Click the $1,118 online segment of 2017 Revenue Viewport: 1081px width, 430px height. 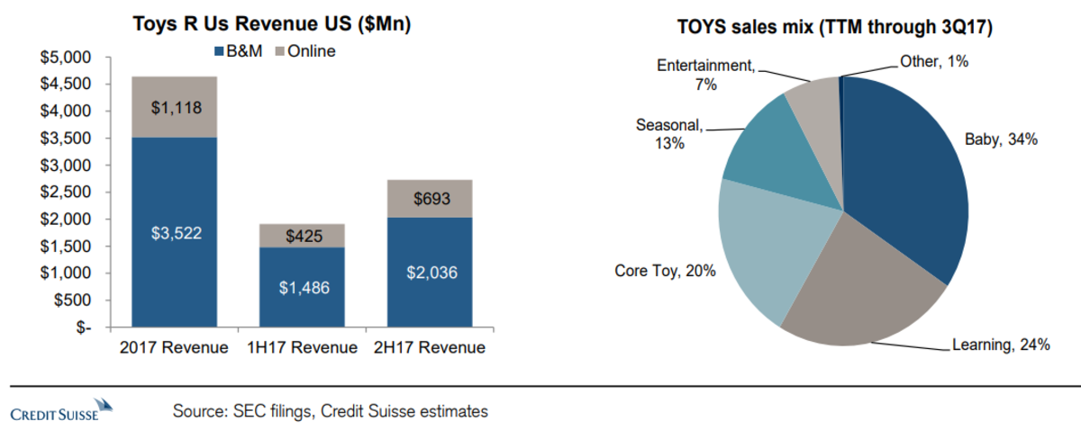coord(174,107)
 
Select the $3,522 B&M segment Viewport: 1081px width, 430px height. coord(174,232)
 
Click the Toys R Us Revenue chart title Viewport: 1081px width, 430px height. coord(270,24)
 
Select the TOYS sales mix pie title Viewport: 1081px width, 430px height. coord(834,28)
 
